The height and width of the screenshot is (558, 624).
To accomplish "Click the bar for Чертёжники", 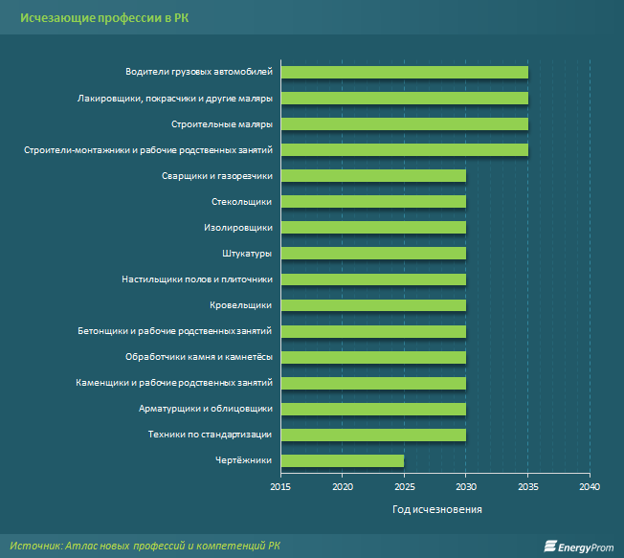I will pos(343,460).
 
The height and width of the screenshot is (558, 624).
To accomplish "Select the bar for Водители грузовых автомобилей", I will pos(404,72).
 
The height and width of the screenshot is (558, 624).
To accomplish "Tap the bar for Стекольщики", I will pos(373,201).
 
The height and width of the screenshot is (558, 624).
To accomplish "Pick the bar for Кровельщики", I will pos(373,305).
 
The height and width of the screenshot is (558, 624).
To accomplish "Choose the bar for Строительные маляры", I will pos(404,123).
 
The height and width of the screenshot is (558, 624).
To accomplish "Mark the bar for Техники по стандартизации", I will pos(373,435).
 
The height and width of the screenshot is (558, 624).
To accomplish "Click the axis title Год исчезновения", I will pos(436,509).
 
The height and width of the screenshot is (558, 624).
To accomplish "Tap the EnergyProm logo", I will pos(578,545).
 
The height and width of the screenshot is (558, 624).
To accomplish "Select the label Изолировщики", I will pos(238,228).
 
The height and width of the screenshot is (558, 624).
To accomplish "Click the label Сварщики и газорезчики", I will pos(218,175).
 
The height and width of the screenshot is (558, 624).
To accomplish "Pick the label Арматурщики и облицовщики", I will pos(206,409).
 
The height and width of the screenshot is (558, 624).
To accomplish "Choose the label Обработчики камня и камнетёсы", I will pos(199,357).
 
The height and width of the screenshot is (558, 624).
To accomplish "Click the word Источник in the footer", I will pos(34,544).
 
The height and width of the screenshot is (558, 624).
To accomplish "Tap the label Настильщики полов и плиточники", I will pos(197,279).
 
